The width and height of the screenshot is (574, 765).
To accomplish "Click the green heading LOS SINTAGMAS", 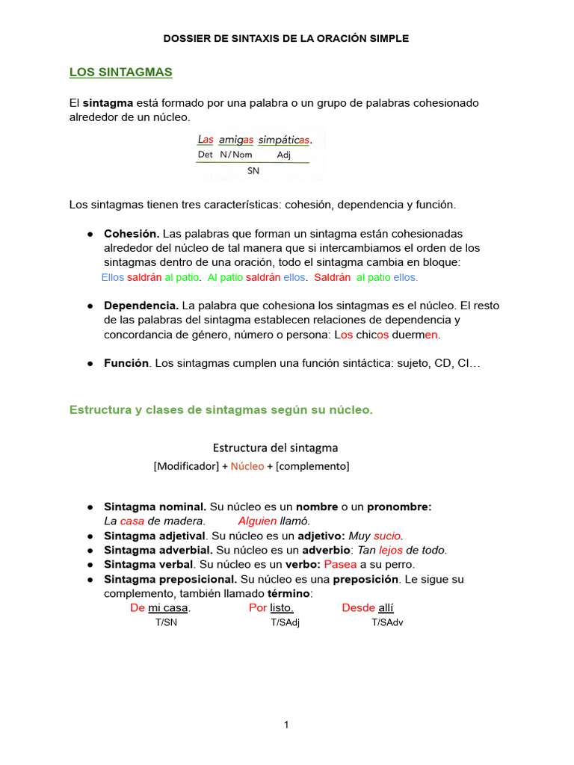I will click(x=120, y=72).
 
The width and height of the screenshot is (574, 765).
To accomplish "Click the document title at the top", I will click(x=286, y=38).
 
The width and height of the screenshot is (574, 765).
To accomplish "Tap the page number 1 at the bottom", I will click(x=286, y=725).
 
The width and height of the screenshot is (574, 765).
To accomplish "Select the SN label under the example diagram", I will click(x=253, y=170).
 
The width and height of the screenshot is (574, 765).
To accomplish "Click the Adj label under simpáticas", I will click(x=283, y=155).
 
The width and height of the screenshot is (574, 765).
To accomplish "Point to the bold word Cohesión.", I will click(x=131, y=234).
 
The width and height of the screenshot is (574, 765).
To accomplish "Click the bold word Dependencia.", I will click(x=141, y=306).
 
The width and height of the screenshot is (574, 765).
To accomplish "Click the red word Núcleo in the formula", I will click(x=247, y=466).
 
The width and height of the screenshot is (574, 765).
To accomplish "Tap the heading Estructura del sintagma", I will click(x=275, y=448).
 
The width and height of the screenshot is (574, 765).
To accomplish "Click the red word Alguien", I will click(x=257, y=521).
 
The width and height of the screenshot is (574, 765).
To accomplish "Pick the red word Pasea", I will click(x=340, y=564).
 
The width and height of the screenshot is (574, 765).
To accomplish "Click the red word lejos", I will click(x=390, y=550).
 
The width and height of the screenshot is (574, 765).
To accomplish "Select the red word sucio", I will click(x=388, y=536).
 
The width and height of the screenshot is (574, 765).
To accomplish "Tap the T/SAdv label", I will click(x=387, y=622).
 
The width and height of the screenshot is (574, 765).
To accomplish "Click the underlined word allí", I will click(x=386, y=608).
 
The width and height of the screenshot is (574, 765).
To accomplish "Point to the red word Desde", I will click(x=358, y=608).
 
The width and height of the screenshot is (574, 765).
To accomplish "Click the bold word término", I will click(x=288, y=593).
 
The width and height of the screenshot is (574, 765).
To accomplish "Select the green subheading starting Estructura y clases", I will click(x=220, y=410).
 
